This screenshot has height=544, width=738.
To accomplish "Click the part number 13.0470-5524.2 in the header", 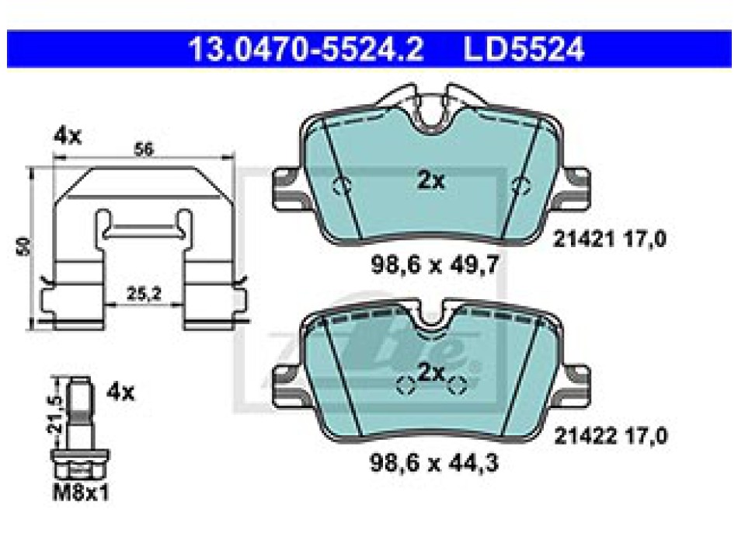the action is [x=306, y=49].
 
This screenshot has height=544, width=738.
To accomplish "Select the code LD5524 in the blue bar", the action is [x=524, y=49].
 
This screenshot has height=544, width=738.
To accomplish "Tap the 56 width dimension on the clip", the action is [x=144, y=150].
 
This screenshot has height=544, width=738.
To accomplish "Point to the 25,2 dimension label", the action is [x=144, y=294].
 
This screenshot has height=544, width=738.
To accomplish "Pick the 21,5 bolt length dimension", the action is [x=55, y=414].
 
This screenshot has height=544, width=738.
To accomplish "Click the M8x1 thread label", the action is [x=81, y=493].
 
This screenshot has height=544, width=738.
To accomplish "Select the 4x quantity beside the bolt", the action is [x=120, y=392].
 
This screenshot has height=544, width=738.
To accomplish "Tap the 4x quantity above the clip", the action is [x=68, y=136].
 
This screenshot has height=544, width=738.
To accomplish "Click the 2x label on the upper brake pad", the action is [x=430, y=180].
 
